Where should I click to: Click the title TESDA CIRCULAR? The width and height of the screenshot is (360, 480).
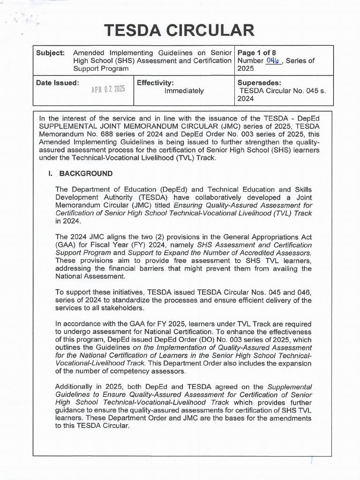point(180,31)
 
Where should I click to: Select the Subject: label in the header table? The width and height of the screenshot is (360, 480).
point(50,53)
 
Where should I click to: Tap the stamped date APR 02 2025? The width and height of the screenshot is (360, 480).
point(108,89)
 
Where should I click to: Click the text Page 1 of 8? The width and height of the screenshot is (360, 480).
point(257,53)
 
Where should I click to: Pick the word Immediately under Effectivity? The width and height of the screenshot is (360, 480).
point(184,91)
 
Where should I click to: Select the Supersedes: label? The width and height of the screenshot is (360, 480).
point(260,82)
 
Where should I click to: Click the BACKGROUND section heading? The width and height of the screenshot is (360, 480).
point(86,173)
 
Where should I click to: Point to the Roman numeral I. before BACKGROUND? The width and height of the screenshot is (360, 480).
point(50,173)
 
